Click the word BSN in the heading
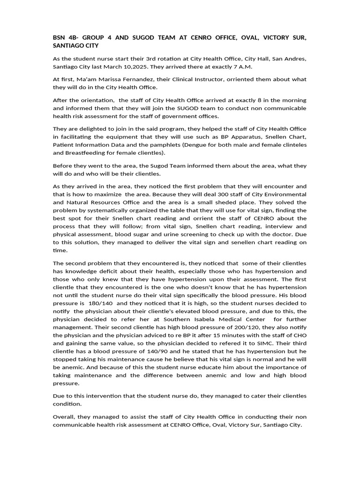tap(60, 37)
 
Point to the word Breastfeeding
tap(86, 153)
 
